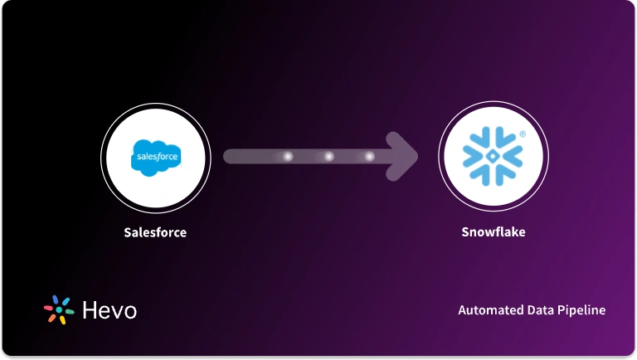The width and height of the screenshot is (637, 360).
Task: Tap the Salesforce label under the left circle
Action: click(155, 232)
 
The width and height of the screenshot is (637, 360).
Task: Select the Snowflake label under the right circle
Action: click(493, 232)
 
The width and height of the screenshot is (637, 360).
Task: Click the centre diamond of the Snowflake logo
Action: click(493, 156)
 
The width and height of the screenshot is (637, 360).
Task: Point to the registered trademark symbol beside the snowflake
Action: click(523, 134)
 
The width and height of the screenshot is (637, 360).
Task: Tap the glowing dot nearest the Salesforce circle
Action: click(288, 156)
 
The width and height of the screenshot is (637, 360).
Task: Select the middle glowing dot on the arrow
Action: click(328, 156)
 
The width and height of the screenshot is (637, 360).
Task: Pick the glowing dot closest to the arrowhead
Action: click(369, 156)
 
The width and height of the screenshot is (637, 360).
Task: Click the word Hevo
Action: click(109, 310)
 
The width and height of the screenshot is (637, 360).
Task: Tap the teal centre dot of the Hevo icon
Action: click(59, 309)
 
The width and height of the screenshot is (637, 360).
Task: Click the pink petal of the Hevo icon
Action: click(49, 309)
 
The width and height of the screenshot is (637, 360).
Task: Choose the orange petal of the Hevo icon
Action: click(52, 318)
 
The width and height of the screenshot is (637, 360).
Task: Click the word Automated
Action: click(489, 310)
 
